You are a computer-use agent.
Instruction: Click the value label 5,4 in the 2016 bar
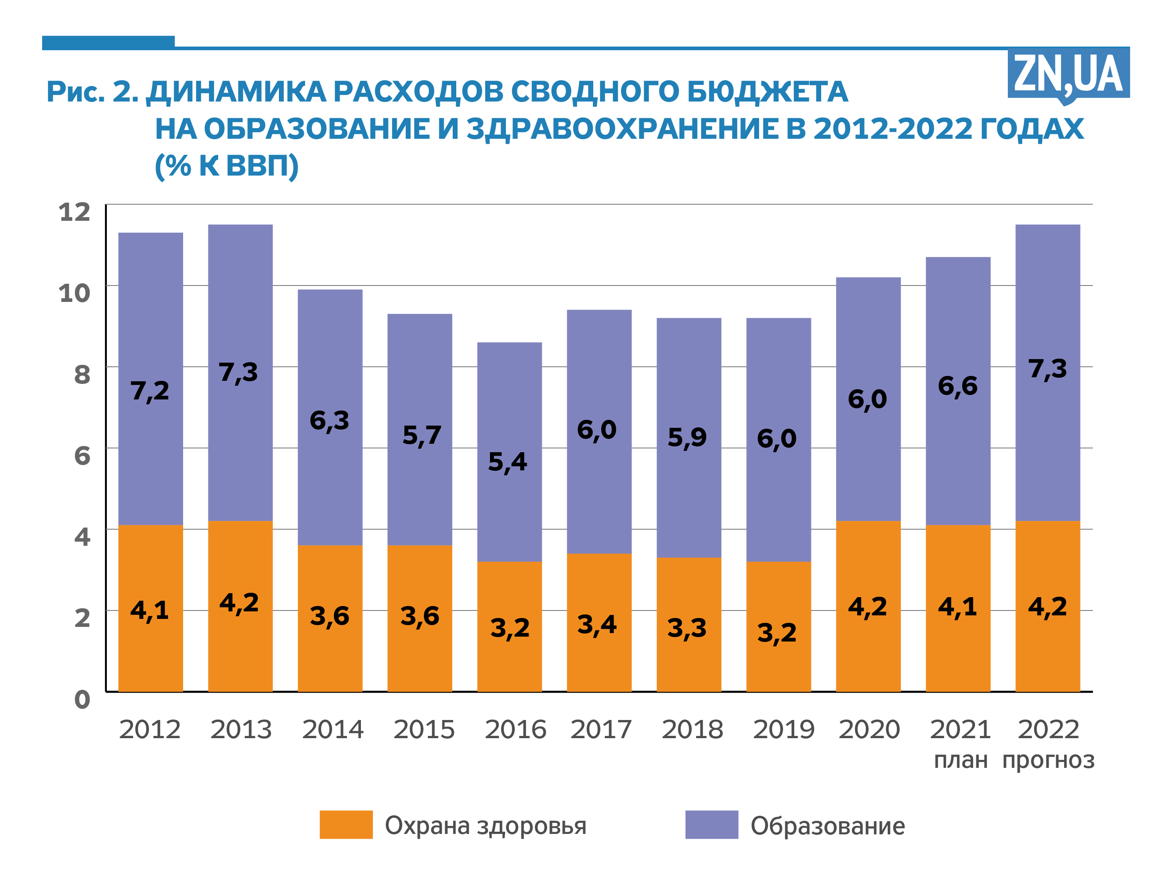pos(507,462)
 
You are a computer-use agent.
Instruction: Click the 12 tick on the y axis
pos(74,212)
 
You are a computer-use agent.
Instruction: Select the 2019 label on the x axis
pos(783,730)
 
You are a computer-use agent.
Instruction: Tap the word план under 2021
pos(960,760)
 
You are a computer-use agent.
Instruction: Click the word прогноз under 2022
pos(1048,760)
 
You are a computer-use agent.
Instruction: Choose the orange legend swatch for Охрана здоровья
pos(346,825)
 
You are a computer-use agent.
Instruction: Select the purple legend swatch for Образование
pos(711,825)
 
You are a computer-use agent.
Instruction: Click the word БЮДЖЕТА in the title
pos(768,91)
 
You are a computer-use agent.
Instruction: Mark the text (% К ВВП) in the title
pos(227,166)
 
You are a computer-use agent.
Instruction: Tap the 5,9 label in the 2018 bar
pos(687,438)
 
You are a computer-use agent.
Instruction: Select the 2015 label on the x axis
pos(424,730)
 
